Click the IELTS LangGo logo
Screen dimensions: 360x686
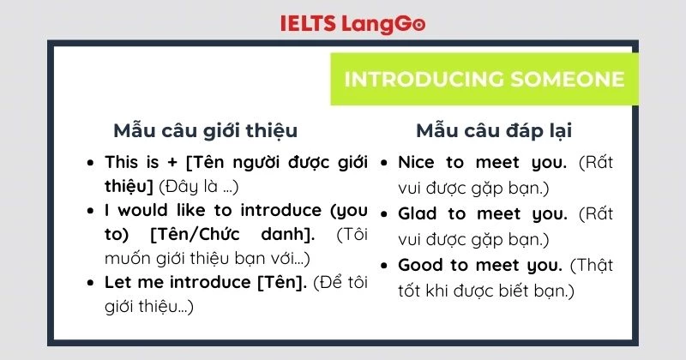click(352, 23)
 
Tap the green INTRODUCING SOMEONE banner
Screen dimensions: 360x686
click(484, 80)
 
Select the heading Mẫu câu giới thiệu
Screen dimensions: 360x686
click(206, 131)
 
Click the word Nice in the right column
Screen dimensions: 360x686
click(417, 162)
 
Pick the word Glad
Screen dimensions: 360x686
click(418, 213)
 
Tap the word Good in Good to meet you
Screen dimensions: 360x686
click(420, 265)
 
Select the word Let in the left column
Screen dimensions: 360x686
click(117, 282)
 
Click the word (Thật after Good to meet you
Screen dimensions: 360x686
click(593, 265)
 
